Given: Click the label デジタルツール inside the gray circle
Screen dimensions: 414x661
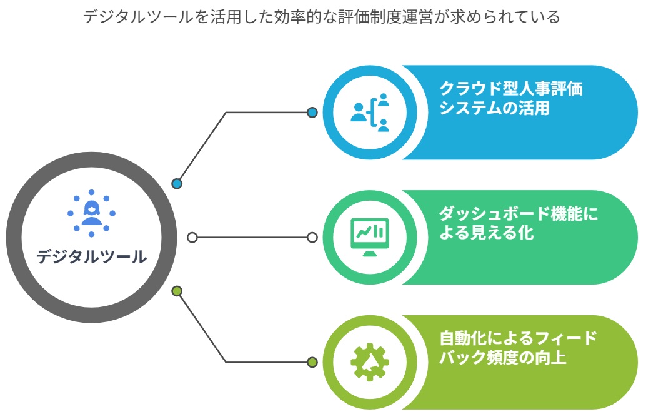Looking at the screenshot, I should point(91,256).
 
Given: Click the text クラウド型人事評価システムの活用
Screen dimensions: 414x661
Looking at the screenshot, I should point(511,98).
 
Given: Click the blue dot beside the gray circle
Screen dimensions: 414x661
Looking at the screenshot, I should point(177,184).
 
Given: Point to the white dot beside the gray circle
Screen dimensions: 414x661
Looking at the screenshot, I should point(192,238).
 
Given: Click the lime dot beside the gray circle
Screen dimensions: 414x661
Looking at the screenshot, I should point(177,291).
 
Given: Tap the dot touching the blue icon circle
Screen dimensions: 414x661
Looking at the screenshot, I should point(312,113).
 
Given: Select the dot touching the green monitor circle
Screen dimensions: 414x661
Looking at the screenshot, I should point(312,238).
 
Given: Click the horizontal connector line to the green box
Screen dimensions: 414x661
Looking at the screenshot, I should point(252,238).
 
